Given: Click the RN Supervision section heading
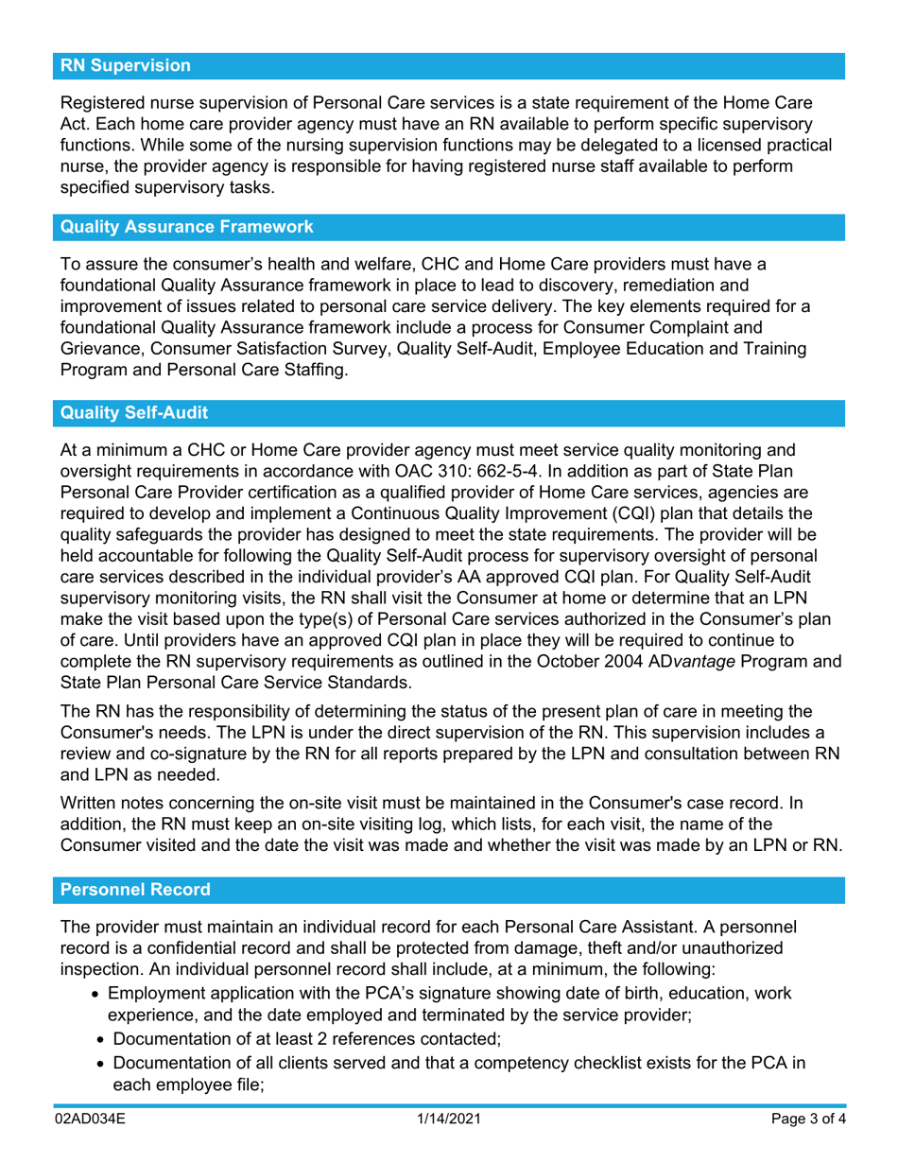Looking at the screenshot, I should pos(126,66).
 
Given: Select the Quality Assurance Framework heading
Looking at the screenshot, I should pos(186,227).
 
